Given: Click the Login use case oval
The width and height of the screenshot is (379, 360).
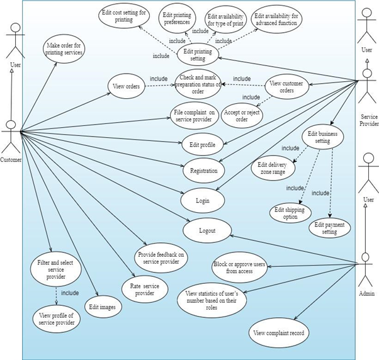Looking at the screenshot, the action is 203,201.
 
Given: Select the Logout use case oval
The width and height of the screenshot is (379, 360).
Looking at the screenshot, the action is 207,230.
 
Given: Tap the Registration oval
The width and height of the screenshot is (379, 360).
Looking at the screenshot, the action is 204,171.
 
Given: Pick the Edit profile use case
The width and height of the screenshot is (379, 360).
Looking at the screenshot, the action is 202,145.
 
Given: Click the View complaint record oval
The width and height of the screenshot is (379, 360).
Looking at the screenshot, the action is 279,333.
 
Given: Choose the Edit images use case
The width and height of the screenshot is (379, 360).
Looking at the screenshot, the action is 103,307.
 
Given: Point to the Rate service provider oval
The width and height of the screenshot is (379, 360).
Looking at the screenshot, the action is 145,290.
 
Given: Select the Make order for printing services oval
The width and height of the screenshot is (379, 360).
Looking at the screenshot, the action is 64,49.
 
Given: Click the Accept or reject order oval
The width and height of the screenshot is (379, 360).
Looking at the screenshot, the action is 242,116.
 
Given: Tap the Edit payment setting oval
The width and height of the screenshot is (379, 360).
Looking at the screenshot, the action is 329,228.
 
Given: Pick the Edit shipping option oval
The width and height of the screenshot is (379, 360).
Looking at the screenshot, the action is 290,213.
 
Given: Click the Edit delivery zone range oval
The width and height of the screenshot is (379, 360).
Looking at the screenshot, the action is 273,168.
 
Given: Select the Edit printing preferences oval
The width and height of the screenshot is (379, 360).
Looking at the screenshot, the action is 177,19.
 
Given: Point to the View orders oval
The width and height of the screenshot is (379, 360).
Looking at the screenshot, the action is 127,86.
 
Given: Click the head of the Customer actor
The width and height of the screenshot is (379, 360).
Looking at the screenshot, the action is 11,125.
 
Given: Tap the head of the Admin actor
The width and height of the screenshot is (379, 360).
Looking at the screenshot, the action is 366,257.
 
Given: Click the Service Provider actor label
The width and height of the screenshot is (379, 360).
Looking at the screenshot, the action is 369,120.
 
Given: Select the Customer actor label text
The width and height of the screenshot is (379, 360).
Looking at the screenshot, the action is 11,160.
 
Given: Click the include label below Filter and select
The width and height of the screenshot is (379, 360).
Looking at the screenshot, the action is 70,293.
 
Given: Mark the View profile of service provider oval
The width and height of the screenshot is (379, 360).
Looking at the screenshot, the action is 57,319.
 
